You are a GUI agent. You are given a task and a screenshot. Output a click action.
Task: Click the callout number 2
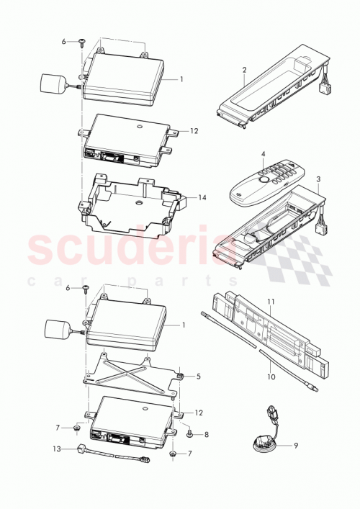click(x=245, y=70)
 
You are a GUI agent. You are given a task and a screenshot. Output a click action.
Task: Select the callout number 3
click(x=319, y=178)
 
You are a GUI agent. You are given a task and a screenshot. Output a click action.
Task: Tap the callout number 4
click(x=264, y=154)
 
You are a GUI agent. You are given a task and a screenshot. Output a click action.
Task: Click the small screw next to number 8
click(x=189, y=434)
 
